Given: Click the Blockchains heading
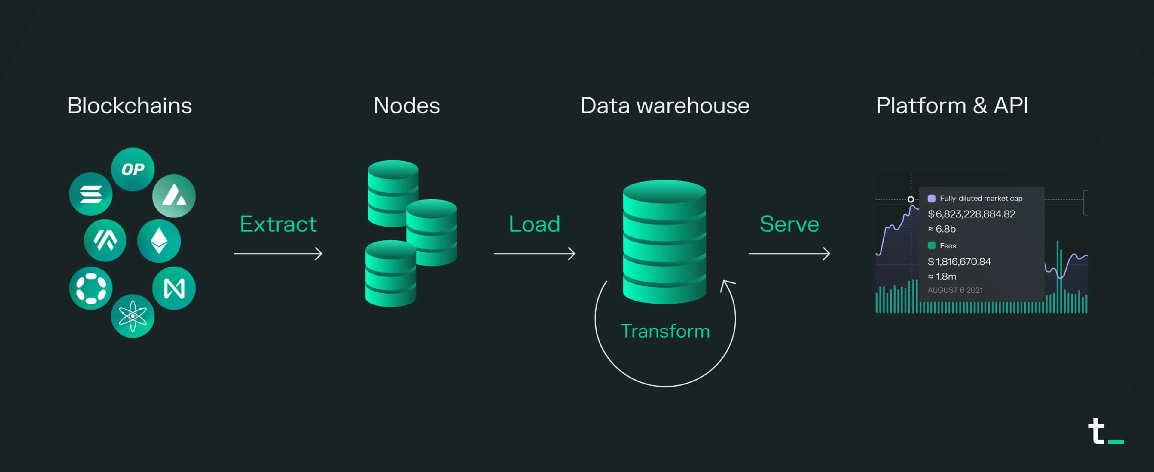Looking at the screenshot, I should click(x=130, y=106).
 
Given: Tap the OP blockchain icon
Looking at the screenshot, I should click(x=133, y=169).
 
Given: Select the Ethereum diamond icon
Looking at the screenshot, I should click(x=159, y=241).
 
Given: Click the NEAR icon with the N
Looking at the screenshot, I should click(x=174, y=288).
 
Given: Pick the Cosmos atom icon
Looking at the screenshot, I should click(x=133, y=316).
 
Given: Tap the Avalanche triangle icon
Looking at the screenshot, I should click(x=174, y=196).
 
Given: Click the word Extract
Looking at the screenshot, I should click(x=278, y=224).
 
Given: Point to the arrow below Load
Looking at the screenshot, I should click(x=534, y=254).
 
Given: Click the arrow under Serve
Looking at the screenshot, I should click(x=789, y=254).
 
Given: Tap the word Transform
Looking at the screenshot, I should click(x=665, y=331).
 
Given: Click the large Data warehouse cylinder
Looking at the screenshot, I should click(x=664, y=242).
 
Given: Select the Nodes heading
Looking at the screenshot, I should click(x=407, y=106).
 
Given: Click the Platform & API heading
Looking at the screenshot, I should click(x=952, y=106).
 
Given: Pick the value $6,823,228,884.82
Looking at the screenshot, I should click(x=971, y=214).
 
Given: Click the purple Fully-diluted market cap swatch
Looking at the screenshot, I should click(x=932, y=199).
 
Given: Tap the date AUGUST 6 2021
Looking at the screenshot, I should click(x=955, y=290).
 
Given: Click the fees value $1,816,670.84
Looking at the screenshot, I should click(x=959, y=262).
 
